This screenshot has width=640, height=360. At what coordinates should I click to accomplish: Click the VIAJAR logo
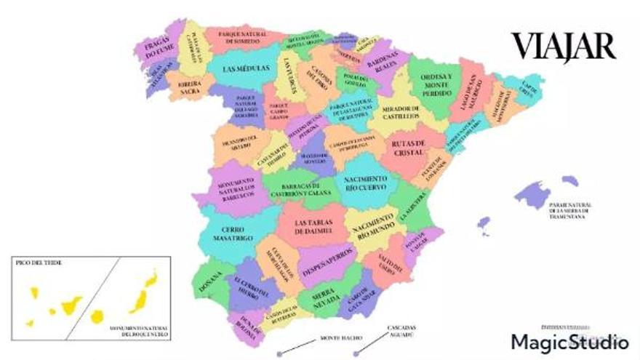coord(564,46)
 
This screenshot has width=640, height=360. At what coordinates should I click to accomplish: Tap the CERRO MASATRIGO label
coord(233,232)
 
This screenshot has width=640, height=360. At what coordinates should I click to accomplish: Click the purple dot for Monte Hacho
coord(279,354)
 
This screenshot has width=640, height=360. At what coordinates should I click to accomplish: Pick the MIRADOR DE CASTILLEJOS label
coord(397,113)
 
